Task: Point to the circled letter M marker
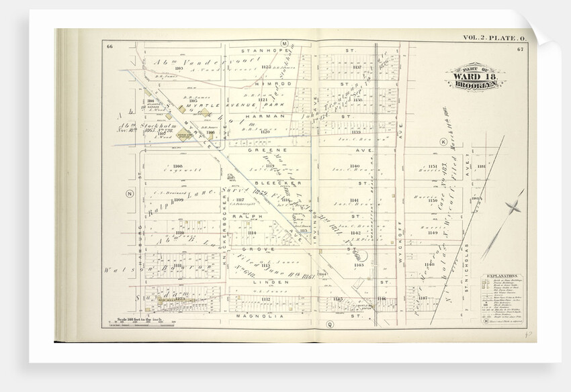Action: (284, 44)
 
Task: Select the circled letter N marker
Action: (129, 193)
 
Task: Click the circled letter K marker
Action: (443, 142)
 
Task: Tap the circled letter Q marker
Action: (330, 324)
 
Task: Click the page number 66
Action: (109, 45)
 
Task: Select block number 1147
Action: (423, 297)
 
